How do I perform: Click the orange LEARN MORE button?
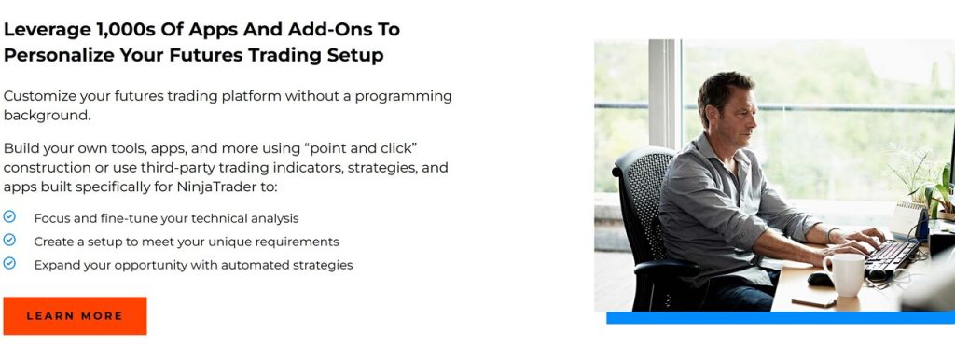point(75,315)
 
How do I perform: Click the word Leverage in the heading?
point(47,30)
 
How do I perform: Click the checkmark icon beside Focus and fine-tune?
point(9,216)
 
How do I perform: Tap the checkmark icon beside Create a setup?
point(9,240)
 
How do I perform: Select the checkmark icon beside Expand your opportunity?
point(9,263)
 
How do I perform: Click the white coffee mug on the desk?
point(845,274)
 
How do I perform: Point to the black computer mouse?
point(821,279)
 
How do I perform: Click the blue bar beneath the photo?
point(781,317)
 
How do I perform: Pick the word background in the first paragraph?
point(47,115)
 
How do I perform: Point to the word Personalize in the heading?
point(59,55)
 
